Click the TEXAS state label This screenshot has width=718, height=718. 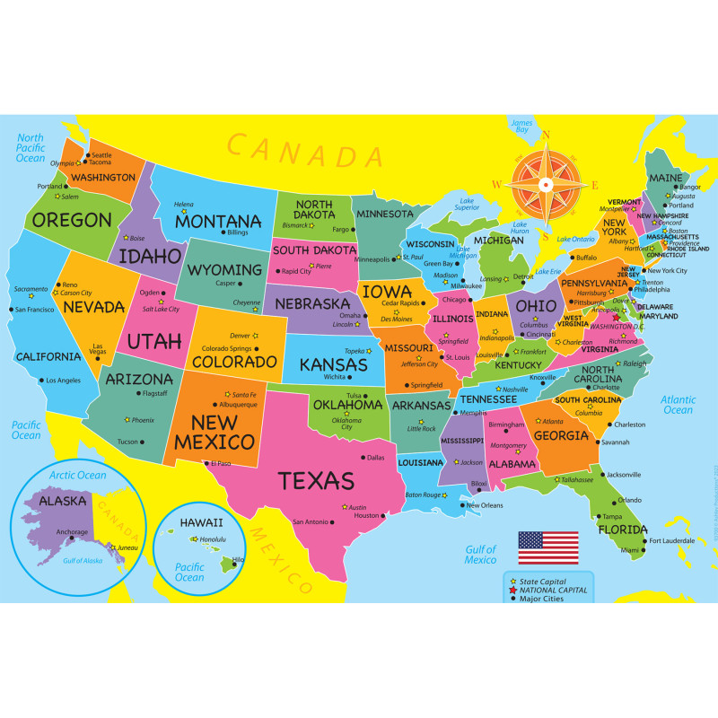[316, 481]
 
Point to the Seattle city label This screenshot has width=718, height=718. [102, 154]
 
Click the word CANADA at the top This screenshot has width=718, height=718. [293, 151]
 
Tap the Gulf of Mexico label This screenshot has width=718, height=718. [480, 554]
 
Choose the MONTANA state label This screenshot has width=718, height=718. [218, 221]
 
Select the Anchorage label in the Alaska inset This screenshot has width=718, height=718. [72, 531]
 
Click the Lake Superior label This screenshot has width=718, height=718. [467, 204]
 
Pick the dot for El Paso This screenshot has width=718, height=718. [207, 463]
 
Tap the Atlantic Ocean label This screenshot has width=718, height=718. [678, 404]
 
